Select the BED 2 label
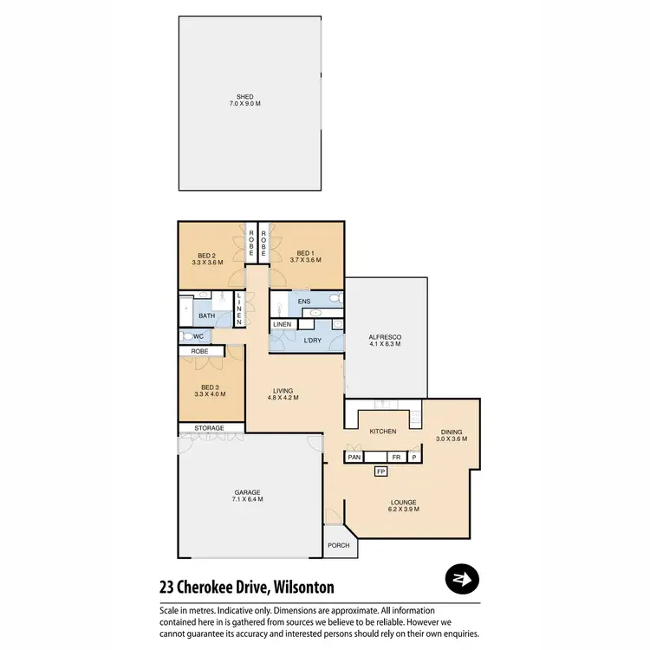(x=206, y=257)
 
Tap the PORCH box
(x=337, y=546)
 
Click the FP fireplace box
(x=380, y=471)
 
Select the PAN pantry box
(x=354, y=457)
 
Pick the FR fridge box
(x=395, y=457)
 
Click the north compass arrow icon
(x=463, y=579)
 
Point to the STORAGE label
(x=209, y=428)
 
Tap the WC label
(x=198, y=336)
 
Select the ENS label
(x=303, y=302)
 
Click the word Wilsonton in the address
(x=303, y=587)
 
